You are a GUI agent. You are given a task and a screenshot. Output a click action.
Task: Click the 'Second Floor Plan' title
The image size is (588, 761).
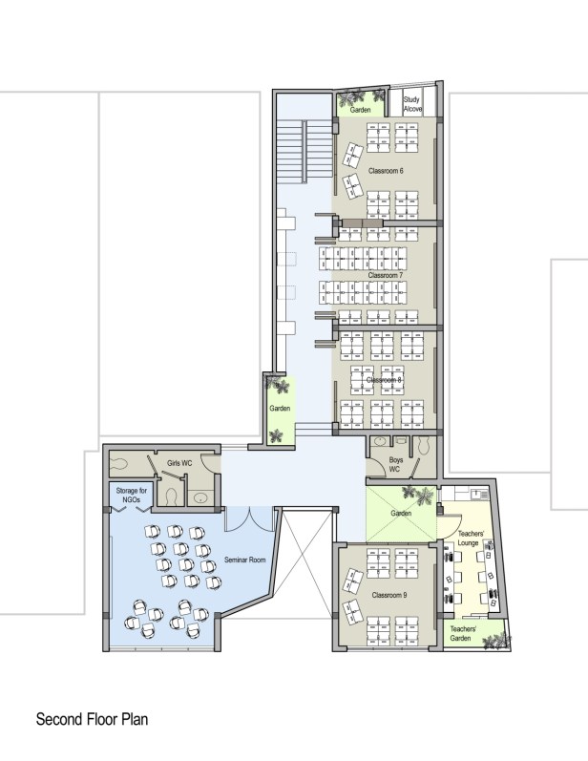pos(92,719)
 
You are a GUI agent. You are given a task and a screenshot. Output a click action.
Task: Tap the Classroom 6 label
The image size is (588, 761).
pos(386,171)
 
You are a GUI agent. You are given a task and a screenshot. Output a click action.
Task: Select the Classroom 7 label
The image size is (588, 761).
pos(386,275)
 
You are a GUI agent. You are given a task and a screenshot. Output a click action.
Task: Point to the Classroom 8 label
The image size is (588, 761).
pos(384,380)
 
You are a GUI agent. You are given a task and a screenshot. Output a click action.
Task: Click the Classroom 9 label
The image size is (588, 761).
pos(389,595)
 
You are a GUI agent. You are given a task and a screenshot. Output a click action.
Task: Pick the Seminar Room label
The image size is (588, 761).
pos(245,560)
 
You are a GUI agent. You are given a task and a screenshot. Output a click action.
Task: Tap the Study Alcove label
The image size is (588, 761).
pos(412,104)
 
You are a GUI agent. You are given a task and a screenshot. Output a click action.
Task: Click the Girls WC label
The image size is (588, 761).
pos(179,463)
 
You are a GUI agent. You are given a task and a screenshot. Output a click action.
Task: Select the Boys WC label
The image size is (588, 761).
pos(395,464)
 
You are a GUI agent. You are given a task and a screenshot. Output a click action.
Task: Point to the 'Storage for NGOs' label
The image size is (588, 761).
pos(132,495)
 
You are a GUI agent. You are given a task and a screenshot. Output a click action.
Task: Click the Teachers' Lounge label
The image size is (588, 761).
pos(470,539)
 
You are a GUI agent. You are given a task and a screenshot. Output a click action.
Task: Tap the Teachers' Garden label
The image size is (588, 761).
pos(462,633)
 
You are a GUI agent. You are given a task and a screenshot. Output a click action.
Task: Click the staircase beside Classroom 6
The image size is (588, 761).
pos(304,152)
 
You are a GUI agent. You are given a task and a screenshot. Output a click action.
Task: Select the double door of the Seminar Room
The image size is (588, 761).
pos(249,519)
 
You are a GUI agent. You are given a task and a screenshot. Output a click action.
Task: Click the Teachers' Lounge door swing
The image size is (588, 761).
pos(450,526)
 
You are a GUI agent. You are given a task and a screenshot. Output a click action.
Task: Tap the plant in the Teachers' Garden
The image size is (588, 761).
pos(496,641)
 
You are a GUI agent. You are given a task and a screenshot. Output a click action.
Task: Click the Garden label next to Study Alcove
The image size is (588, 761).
pos(361,110)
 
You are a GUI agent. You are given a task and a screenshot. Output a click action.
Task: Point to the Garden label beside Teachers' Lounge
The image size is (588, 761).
pos(401,513)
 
